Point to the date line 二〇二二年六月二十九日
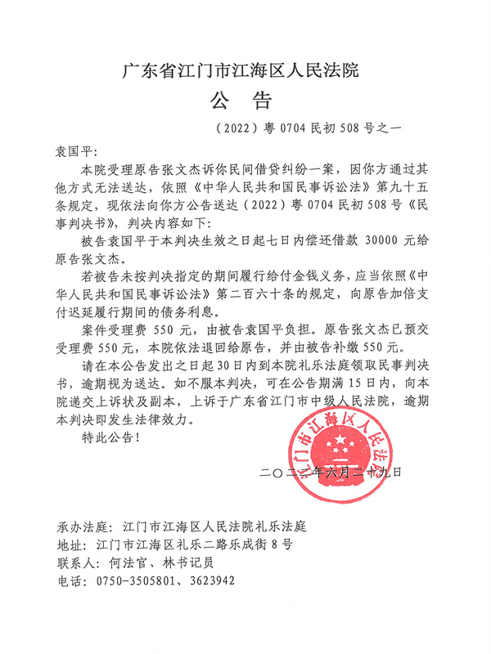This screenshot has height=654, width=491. click(x=331, y=472)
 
